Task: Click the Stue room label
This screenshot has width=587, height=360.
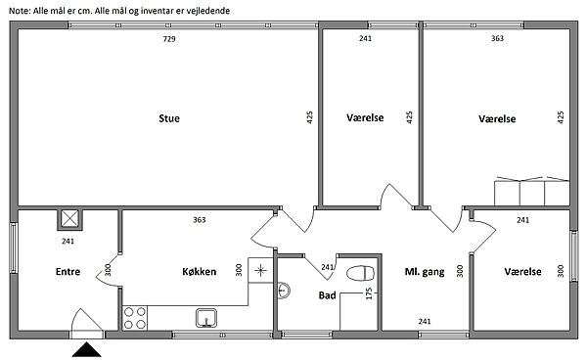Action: [169, 118]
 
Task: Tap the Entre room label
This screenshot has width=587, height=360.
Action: [68, 271]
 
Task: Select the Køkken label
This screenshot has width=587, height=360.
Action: [200, 271]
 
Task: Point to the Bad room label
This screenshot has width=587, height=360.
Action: [327, 295]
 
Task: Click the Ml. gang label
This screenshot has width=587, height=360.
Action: [425, 272]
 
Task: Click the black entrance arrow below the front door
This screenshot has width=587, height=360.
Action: [86, 349]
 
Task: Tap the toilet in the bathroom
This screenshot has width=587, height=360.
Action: [360, 273]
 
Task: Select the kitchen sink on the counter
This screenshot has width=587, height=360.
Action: [206, 318]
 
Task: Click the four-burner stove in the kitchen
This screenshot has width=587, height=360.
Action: [135, 318]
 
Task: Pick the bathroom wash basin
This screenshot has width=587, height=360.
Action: [284, 291]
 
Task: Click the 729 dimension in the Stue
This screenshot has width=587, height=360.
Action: [169, 39]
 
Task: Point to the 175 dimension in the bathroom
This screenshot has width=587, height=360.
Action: [369, 293]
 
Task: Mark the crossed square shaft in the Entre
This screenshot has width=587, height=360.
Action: [70, 219]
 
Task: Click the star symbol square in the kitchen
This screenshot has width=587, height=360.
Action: [260, 270]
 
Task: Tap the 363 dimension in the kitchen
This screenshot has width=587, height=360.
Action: [200, 220]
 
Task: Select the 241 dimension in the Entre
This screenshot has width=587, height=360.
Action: [68, 241]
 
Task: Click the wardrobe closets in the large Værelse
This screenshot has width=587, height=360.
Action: [532, 191]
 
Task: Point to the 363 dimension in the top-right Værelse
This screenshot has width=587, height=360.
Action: [497, 38]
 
